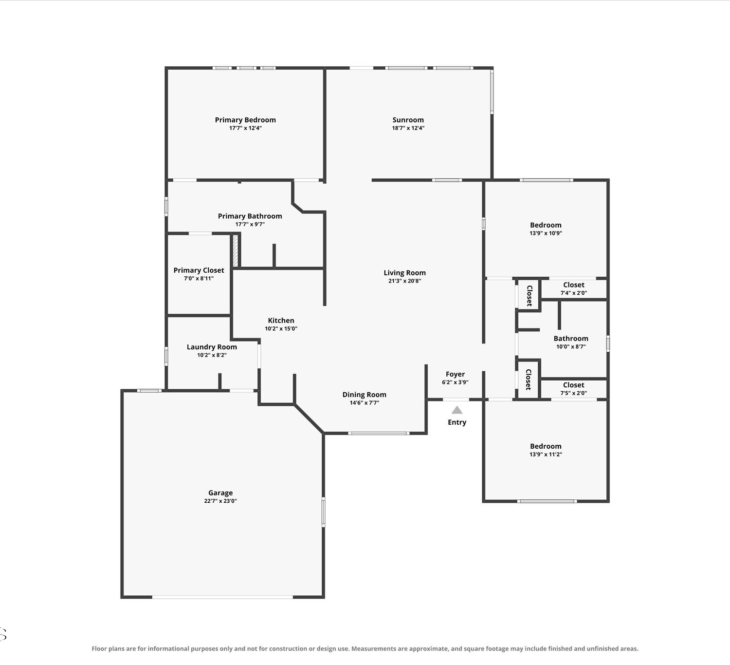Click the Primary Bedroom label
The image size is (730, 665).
pos(245,120)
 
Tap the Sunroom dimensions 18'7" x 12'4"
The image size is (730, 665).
pos(408,128)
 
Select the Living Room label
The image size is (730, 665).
pos(404,272)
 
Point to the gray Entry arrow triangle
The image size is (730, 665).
pos(457,410)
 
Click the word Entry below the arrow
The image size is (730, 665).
pos(456,422)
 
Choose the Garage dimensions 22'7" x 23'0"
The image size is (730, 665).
pos(220,501)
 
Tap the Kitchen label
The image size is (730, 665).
pos(281,320)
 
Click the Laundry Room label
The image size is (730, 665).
pos(212,347)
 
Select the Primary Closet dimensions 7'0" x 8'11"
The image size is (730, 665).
pos(199,278)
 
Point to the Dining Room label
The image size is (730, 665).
pos(365,395)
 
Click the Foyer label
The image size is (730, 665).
pos(455,374)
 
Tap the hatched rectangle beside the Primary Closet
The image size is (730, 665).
pos(236,251)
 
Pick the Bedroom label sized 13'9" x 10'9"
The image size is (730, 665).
pos(546,225)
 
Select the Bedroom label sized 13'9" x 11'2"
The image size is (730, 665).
pos(546,446)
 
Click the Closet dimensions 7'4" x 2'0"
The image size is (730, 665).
pos(573,293)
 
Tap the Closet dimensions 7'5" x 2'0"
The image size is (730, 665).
pos(573,393)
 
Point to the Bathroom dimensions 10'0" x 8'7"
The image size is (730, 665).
pos(570,346)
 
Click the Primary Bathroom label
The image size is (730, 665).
pos(250,216)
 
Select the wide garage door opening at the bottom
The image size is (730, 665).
pos(222,597)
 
